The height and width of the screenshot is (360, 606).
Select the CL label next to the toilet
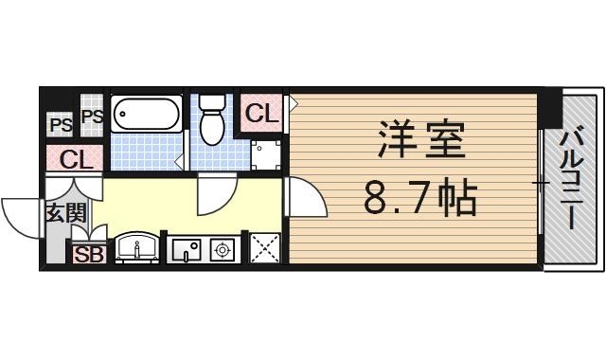(262, 114)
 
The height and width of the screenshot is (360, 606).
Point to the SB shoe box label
(88, 254)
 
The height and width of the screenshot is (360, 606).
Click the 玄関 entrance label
(64, 212)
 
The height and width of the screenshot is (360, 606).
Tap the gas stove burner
(224, 250)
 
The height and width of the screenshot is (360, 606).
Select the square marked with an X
(265, 248)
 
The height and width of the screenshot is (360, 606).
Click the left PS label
(60, 124)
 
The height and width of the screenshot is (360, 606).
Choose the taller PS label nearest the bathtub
(92, 117)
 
